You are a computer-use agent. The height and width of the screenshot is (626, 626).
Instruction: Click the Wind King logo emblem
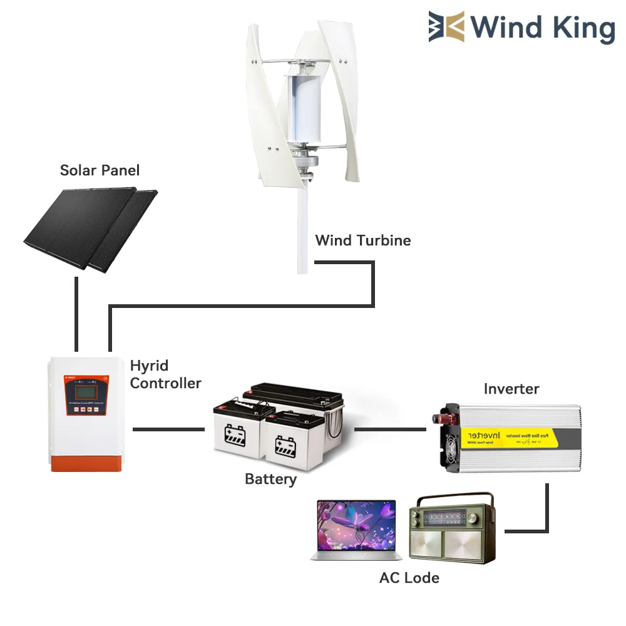point(447,27)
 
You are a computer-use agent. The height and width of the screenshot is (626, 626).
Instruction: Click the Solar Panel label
point(100,170)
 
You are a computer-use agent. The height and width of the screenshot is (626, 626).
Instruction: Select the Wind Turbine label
point(363,240)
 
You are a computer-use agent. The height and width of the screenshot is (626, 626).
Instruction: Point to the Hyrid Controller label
point(165,374)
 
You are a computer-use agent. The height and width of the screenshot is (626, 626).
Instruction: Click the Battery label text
point(270,480)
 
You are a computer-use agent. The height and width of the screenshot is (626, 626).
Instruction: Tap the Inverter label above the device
point(511,389)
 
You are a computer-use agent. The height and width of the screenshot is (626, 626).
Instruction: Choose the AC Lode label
point(409,577)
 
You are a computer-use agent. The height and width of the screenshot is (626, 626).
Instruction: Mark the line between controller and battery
point(168,429)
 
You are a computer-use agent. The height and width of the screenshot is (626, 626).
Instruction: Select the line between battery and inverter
point(390,429)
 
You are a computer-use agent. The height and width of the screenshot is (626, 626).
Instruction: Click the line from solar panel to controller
point(76,313)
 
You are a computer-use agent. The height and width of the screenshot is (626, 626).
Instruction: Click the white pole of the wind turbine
point(303,232)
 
